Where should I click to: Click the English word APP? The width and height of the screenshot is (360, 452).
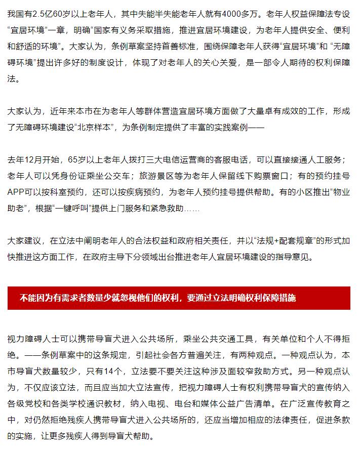18,193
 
